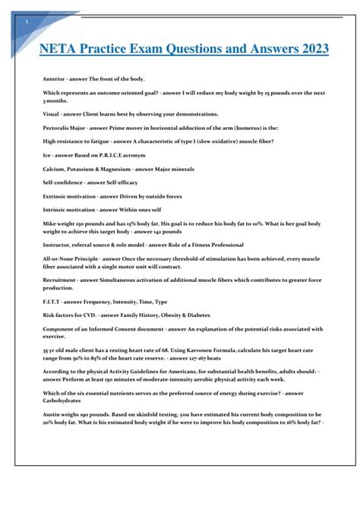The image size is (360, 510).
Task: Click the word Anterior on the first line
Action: [52, 79]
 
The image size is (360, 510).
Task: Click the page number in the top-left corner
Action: [27, 21]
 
